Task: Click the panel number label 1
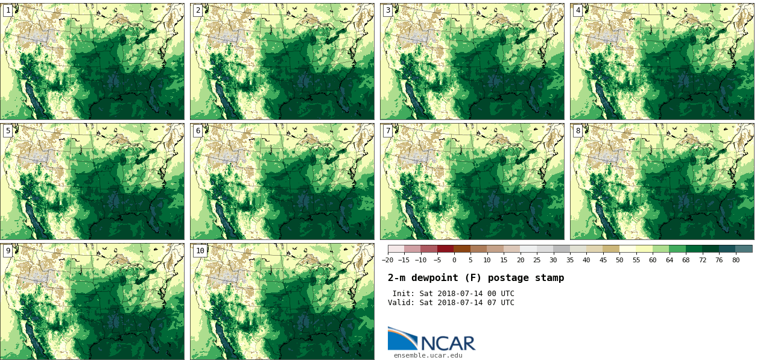[x=8, y=10]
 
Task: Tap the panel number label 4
[x=578, y=10]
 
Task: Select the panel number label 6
[x=198, y=131]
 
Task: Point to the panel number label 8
[x=578, y=131]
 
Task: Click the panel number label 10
[x=200, y=251]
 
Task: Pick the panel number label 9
[x=8, y=251]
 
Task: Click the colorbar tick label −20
[x=387, y=260]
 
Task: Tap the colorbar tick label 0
[x=454, y=260]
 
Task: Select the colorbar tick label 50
[x=619, y=260]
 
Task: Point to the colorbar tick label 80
[x=735, y=260]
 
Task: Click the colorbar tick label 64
[x=669, y=260]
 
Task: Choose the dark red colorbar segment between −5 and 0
[x=446, y=248]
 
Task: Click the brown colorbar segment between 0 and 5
[x=462, y=248]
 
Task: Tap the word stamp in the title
[x=550, y=278]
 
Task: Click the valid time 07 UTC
[x=499, y=303]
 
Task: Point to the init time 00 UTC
[x=499, y=294]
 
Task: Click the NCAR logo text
[x=448, y=343]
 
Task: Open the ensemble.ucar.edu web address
[x=428, y=356]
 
